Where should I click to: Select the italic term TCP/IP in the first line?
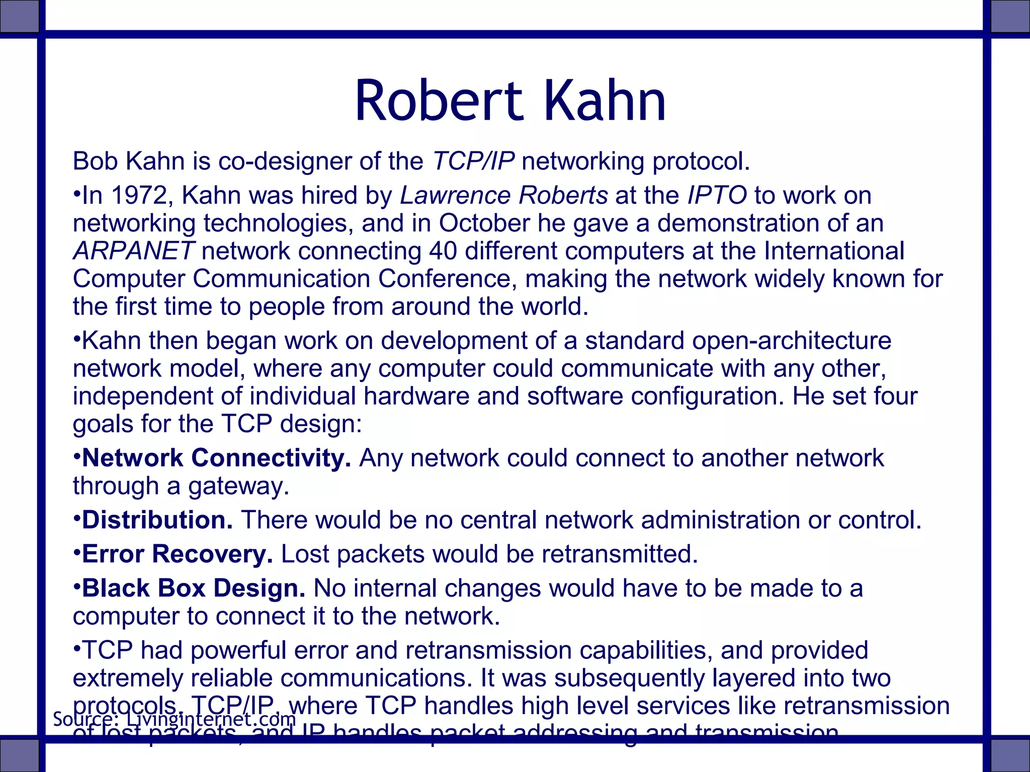pos(473,161)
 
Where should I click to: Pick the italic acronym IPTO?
pos(717,195)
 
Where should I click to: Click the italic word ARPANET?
pos(133,251)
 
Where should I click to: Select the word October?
pos(484,223)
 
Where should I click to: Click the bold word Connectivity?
pos(271,458)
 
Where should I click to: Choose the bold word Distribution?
pos(157,520)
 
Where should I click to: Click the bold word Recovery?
pos(212,554)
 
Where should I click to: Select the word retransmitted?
pos(620,554)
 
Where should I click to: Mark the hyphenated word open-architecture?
pos(791,340)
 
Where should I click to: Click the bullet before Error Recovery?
pos(76,551)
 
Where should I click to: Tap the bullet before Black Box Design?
pos(76,586)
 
